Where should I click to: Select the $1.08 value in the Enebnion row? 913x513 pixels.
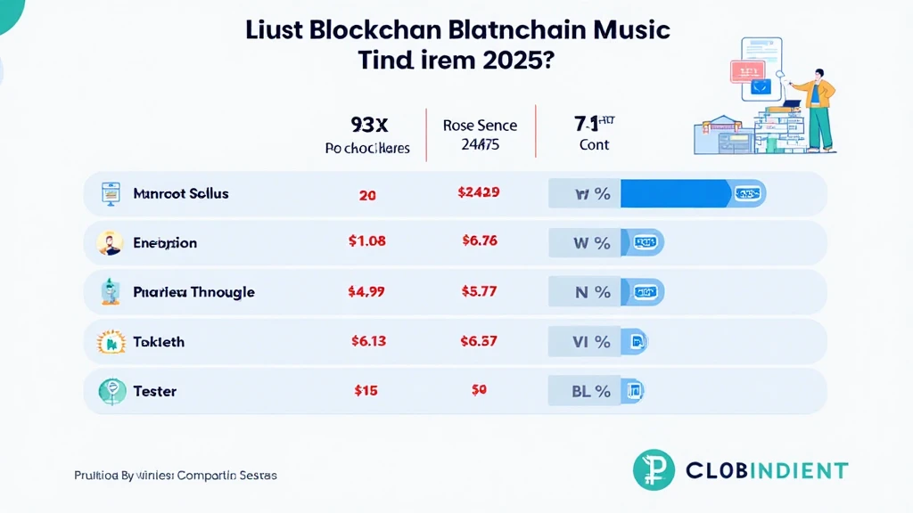click(x=366, y=242)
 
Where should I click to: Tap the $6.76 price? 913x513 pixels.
click(x=480, y=242)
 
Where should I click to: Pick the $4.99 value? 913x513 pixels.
click(x=366, y=291)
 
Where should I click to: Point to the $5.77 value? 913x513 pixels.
click(x=480, y=291)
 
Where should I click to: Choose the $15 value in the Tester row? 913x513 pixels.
click(x=366, y=390)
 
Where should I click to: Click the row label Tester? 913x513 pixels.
click(x=154, y=391)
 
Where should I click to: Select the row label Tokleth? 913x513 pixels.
click(x=158, y=342)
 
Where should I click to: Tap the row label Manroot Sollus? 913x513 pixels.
click(x=180, y=193)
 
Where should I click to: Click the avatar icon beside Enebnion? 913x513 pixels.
click(x=111, y=242)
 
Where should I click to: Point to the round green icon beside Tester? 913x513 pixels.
click(x=111, y=390)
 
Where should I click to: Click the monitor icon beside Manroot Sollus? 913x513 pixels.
click(x=111, y=192)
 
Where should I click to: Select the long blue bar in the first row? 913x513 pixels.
click(x=675, y=193)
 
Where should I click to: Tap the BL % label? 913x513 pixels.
click(x=591, y=390)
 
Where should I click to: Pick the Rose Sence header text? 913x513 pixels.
click(x=480, y=126)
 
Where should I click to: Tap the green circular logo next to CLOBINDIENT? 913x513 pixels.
click(x=654, y=470)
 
